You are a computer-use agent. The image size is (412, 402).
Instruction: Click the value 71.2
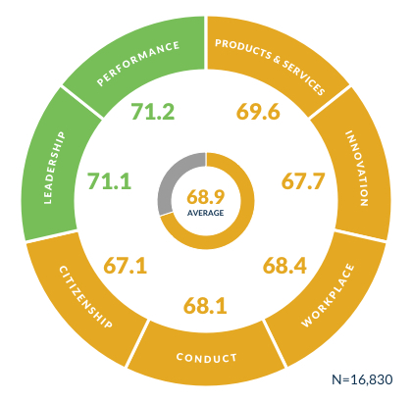(x=152, y=112)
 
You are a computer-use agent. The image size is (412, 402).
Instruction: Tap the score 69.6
(x=259, y=112)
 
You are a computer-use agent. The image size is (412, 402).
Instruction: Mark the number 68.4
(x=287, y=266)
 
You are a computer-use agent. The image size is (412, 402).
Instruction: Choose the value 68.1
(x=205, y=307)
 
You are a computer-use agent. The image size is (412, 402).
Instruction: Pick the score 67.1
(x=125, y=266)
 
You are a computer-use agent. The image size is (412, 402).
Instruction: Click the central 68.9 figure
(x=207, y=195)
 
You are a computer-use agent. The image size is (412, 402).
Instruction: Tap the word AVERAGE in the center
(x=207, y=211)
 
